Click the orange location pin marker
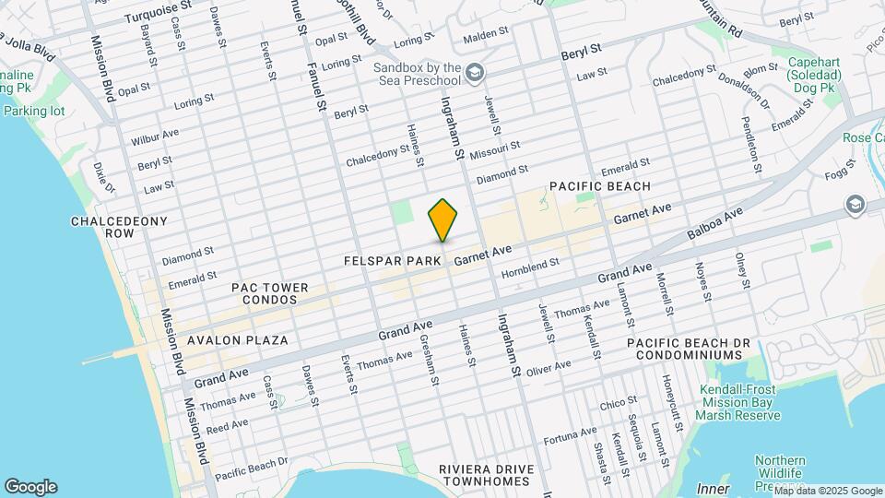(443, 221)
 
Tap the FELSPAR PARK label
(392, 261)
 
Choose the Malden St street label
(486, 32)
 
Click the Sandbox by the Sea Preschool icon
(475, 72)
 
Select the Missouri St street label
(495, 148)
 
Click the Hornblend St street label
(530, 268)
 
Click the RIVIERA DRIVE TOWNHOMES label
(486, 476)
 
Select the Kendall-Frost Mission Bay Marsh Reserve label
(739, 402)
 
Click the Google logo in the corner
(30, 487)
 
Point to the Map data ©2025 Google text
(827, 491)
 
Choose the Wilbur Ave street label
(155, 138)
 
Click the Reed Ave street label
(227, 426)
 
